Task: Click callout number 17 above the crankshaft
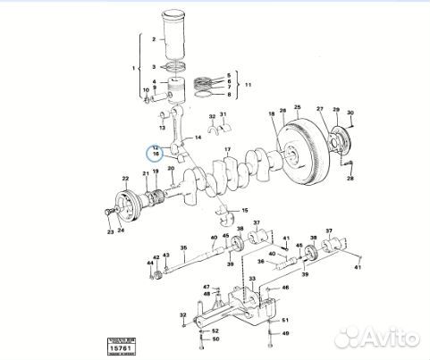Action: pyautogui.click(x=227, y=147)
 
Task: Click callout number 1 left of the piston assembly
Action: pyautogui.click(x=134, y=69)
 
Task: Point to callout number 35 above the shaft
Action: pyautogui.click(x=183, y=247)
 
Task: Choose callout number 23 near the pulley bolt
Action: pyautogui.click(x=110, y=232)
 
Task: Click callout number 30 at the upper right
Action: pyautogui.click(x=350, y=113)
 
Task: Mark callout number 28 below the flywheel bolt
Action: pyautogui.click(x=350, y=179)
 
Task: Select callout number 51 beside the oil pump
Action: pyautogui.click(x=285, y=318)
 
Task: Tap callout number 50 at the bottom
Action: pyautogui.click(x=215, y=339)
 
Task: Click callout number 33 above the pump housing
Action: pyautogui.click(x=253, y=280)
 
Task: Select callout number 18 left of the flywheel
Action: pyautogui.click(x=271, y=113)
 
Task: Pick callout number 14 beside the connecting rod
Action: pyautogui.click(x=198, y=136)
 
